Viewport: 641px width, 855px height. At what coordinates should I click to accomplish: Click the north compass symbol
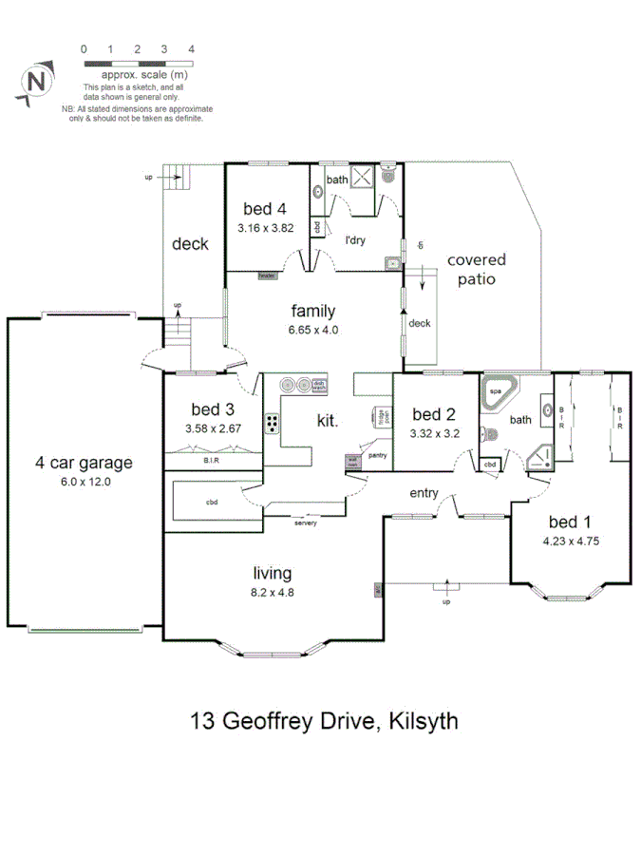(x=36, y=82)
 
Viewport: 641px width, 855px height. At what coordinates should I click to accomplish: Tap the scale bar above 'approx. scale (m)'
(x=138, y=62)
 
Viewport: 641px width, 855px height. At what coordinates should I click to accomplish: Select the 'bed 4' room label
(x=265, y=210)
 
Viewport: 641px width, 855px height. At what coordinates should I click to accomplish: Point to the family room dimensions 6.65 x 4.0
(x=314, y=330)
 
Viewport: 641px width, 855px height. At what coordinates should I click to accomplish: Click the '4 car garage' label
(x=85, y=464)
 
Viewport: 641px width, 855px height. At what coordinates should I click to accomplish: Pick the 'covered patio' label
(x=477, y=269)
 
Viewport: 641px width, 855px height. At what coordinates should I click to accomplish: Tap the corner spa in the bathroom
(x=497, y=393)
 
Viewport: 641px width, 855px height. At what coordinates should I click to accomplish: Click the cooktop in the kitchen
(x=273, y=423)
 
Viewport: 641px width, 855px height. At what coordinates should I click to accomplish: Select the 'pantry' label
(x=378, y=455)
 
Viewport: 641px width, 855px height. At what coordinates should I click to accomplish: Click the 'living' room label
(x=272, y=573)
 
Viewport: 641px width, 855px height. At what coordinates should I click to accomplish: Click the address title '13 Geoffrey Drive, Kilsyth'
(x=325, y=721)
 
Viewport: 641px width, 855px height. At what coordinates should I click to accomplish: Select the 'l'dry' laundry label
(x=355, y=240)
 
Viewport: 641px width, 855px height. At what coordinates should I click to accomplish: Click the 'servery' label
(x=306, y=523)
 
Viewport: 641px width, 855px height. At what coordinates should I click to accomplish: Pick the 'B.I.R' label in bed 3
(x=211, y=462)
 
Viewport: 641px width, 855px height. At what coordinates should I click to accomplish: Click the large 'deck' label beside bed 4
(x=190, y=244)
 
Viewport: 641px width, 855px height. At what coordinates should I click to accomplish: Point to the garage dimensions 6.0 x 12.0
(x=85, y=483)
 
